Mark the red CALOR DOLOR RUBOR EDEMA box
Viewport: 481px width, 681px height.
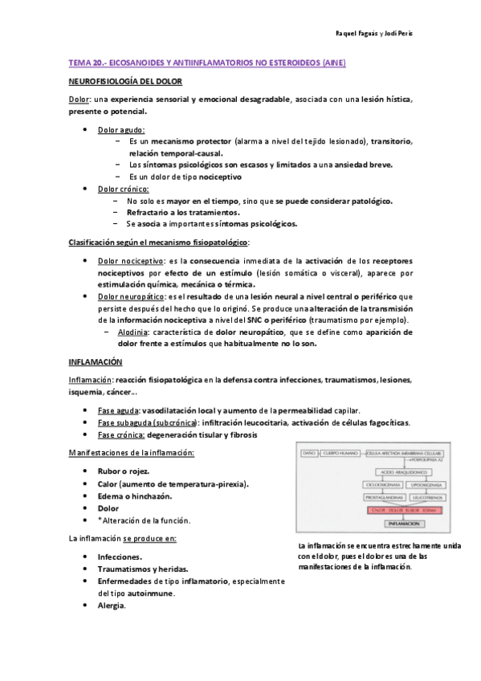coord(402,510)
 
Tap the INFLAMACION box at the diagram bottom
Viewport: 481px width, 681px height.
coord(402,523)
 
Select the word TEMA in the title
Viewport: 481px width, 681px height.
coord(79,63)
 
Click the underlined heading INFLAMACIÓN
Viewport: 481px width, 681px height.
coord(94,362)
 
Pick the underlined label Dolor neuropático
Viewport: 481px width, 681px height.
coord(127,296)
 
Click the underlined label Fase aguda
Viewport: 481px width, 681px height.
coord(117,410)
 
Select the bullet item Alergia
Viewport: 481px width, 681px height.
coord(112,605)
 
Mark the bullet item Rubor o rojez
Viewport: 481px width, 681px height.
coord(123,471)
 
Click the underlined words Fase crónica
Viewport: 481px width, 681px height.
coord(121,434)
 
